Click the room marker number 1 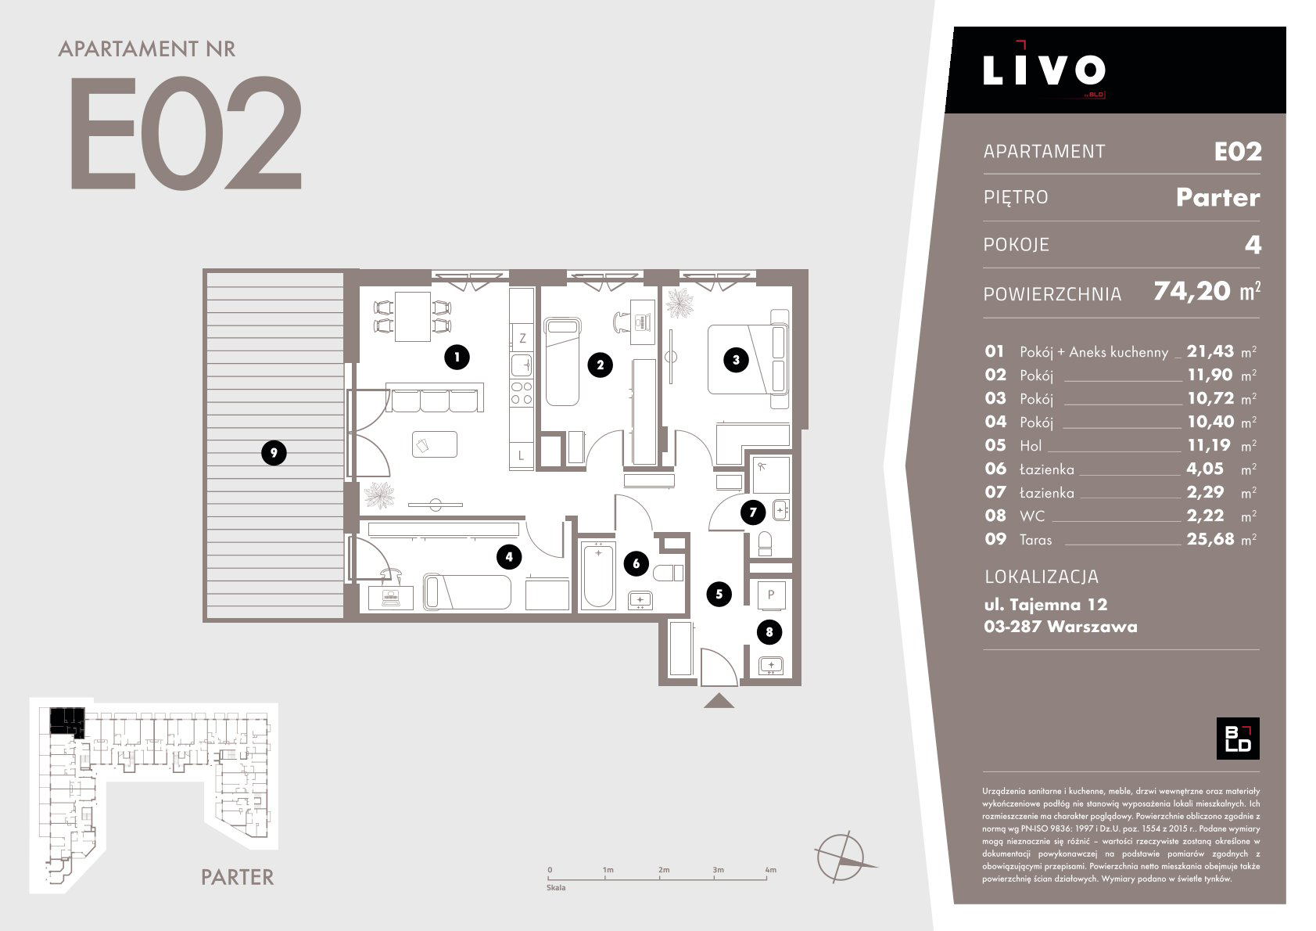pyautogui.click(x=457, y=357)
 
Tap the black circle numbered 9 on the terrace pyautogui.click(x=274, y=453)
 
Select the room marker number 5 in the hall pyautogui.click(x=719, y=595)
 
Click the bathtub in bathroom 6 pyautogui.click(x=598, y=575)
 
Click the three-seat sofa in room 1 pyautogui.click(x=435, y=398)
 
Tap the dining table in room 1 pyautogui.click(x=413, y=316)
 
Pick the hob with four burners pyautogui.click(x=521, y=393)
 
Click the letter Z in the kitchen pyautogui.click(x=522, y=338)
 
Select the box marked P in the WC pyautogui.click(x=771, y=595)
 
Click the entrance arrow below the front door pyautogui.click(x=719, y=701)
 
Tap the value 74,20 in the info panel pyautogui.click(x=1192, y=292)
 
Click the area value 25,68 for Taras pyautogui.click(x=1210, y=539)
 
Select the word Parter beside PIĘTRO pyautogui.click(x=1218, y=197)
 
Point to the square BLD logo pyautogui.click(x=1238, y=739)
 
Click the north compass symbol pyautogui.click(x=841, y=857)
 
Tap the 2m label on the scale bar pyautogui.click(x=664, y=869)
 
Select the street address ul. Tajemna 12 pyautogui.click(x=1045, y=604)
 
